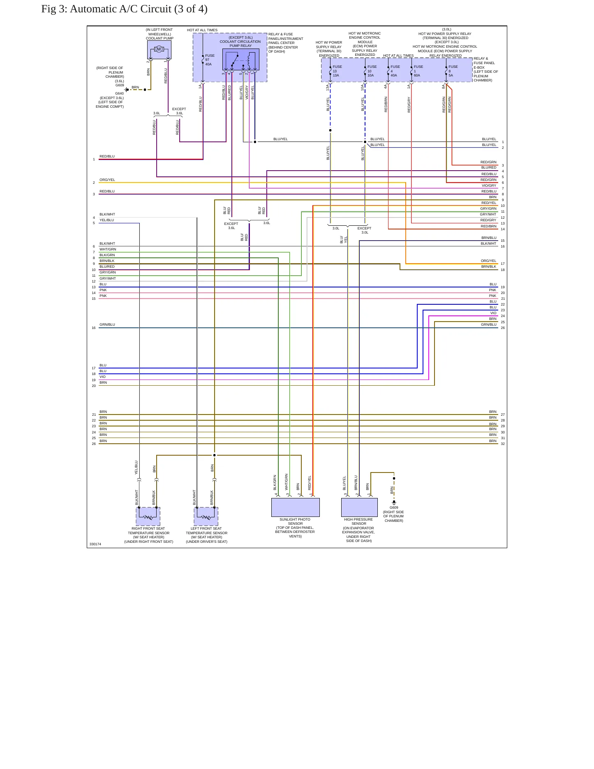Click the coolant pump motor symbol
[159, 50]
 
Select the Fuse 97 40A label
[210, 60]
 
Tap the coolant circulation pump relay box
[241, 60]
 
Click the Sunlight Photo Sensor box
[295, 507]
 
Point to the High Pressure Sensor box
[359, 507]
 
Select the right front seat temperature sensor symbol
[148, 517]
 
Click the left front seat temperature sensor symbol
[206, 517]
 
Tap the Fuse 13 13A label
[337, 71]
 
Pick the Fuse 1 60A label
[418, 71]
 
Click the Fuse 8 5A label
[453, 71]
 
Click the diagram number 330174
[95, 544]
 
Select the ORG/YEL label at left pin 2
[107, 180]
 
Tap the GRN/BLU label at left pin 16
[107, 324]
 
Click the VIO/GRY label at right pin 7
[489, 185]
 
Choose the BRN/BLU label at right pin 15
[489, 238]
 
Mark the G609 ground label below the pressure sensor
[394, 507]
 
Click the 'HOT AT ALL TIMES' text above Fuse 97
[202, 30]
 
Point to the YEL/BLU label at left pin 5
[107, 220]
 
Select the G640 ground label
[119, 93]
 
